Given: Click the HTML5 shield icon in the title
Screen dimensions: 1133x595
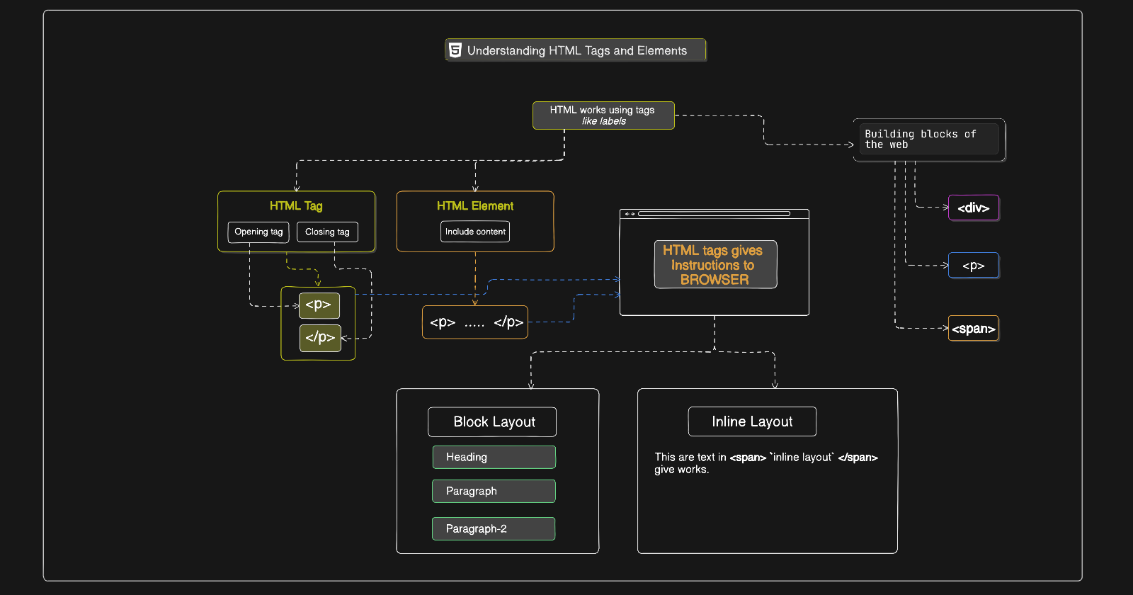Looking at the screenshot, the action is pos(455,50).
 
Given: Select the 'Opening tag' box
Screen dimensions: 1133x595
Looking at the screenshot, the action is pos(258,232).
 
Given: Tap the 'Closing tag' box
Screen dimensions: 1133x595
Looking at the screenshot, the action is pos(327,232).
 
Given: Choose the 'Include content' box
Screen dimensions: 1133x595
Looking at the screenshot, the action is pos(475,232).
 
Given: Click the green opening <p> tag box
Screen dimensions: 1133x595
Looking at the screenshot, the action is pos(319,305).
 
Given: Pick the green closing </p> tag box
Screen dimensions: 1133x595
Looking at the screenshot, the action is pos(320,338).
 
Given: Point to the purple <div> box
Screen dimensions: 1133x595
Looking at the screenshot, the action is pos(974,208).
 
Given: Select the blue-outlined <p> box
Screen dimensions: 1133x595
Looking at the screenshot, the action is pos(974,266).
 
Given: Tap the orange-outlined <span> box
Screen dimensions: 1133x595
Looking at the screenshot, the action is pos(974,329).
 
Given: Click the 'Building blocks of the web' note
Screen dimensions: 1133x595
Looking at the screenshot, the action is pos(929,140).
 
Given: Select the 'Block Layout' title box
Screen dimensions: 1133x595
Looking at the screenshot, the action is pos(492,422).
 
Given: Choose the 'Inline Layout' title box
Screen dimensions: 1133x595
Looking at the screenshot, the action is pos(752,421).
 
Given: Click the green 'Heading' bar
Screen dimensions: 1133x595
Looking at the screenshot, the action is pos(494,458).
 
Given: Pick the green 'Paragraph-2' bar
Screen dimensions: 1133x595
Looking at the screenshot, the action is pos(494,528).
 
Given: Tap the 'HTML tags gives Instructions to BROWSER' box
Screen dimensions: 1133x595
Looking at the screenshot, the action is pos(716,265).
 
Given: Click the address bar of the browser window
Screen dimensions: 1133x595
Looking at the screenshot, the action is pos(714,214).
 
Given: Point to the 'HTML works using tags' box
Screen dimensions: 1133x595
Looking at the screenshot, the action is pos(603,115).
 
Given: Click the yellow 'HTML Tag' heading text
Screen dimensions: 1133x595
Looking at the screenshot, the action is pos(296,206).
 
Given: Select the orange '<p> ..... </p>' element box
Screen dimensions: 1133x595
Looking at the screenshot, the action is pos(475,322).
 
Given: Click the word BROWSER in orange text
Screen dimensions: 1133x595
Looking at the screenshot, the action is pos(714,280).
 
